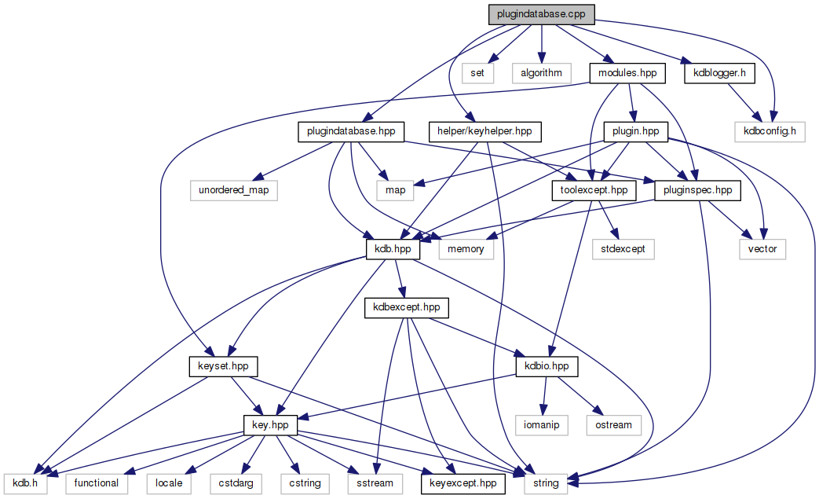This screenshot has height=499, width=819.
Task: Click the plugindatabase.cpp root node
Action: point(541,14)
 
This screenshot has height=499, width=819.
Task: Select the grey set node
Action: point(477,73)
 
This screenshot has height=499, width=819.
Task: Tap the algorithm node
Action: point(542,73)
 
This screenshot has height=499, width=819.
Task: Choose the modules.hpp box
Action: point(627,73)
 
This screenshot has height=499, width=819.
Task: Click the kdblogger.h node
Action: point(719,73)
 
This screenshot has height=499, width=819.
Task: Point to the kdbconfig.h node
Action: point(770,131)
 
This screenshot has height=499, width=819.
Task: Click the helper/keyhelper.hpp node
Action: point(485,131)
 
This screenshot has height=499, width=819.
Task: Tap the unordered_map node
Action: point(234,189)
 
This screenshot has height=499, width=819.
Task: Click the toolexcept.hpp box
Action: point(594,189)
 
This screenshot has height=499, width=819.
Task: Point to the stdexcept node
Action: point(623,249)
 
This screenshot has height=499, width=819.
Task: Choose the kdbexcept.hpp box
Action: point(406,307)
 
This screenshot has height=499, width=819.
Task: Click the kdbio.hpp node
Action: point(547,366)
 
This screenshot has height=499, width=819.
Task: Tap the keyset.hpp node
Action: point(224,366)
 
